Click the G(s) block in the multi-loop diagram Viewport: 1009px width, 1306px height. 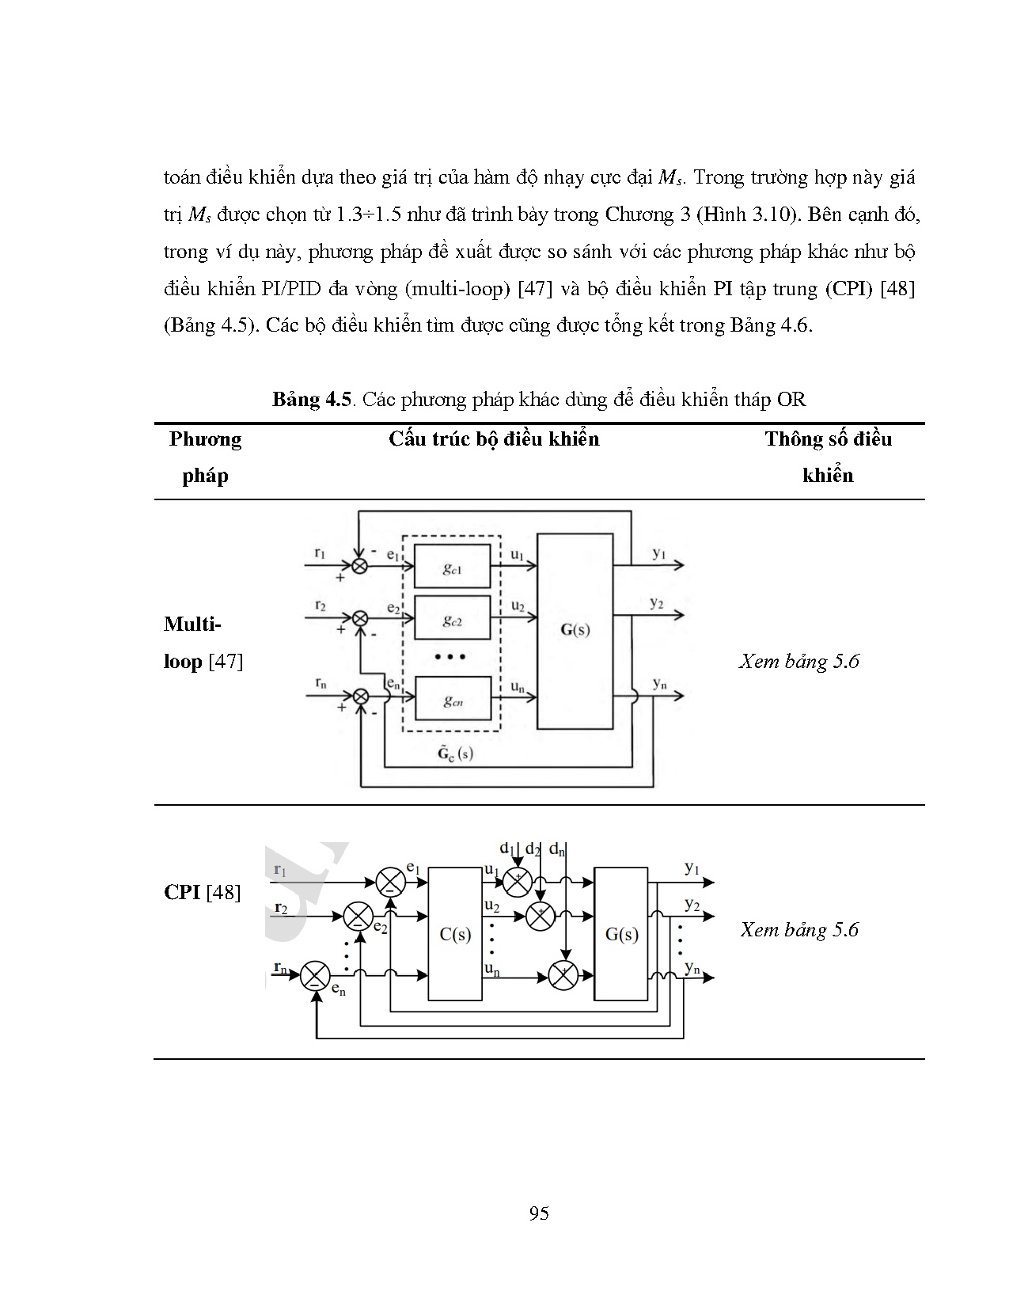[575, 631]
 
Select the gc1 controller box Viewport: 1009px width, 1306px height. [452, 566]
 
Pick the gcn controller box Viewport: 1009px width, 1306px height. [452, 698]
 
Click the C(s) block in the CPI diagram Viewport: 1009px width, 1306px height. [455, 934]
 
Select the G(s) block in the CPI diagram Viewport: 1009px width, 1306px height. [620, 934]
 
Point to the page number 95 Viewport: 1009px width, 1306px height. [539, 1213]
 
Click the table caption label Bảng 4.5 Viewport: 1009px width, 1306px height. [311, 399]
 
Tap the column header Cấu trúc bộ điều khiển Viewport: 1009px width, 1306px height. [494, 439]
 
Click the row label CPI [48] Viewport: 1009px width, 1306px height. [202, 892]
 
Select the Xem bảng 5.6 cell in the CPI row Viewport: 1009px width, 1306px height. [799, 929]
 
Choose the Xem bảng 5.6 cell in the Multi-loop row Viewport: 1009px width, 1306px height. [799, 661]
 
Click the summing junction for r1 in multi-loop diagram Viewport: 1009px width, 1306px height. [360, 566]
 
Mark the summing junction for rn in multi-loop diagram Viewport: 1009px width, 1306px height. [360, 697]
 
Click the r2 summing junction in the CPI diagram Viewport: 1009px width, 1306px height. [358, 917]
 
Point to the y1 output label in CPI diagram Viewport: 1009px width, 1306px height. [692, 868]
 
